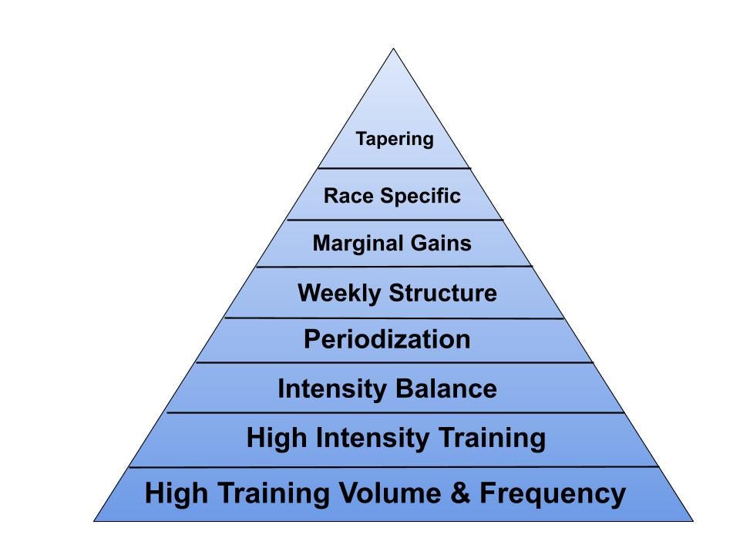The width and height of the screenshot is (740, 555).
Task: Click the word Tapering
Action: click(x=394, y=140)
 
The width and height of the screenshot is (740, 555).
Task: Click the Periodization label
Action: click(x=387, y=339)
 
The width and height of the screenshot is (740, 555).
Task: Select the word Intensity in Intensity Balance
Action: click(x=334, y=388)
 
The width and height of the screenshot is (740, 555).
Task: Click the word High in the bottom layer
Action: click(x=173, y=493)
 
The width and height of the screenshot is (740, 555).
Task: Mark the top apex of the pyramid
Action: click(x=394, y=49)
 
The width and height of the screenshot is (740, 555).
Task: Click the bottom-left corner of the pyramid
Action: click(x=94, y=521)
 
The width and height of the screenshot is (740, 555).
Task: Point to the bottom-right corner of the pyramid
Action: click(x=693, y=521)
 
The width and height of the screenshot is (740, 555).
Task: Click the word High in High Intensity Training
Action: click(x=274, y=438)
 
